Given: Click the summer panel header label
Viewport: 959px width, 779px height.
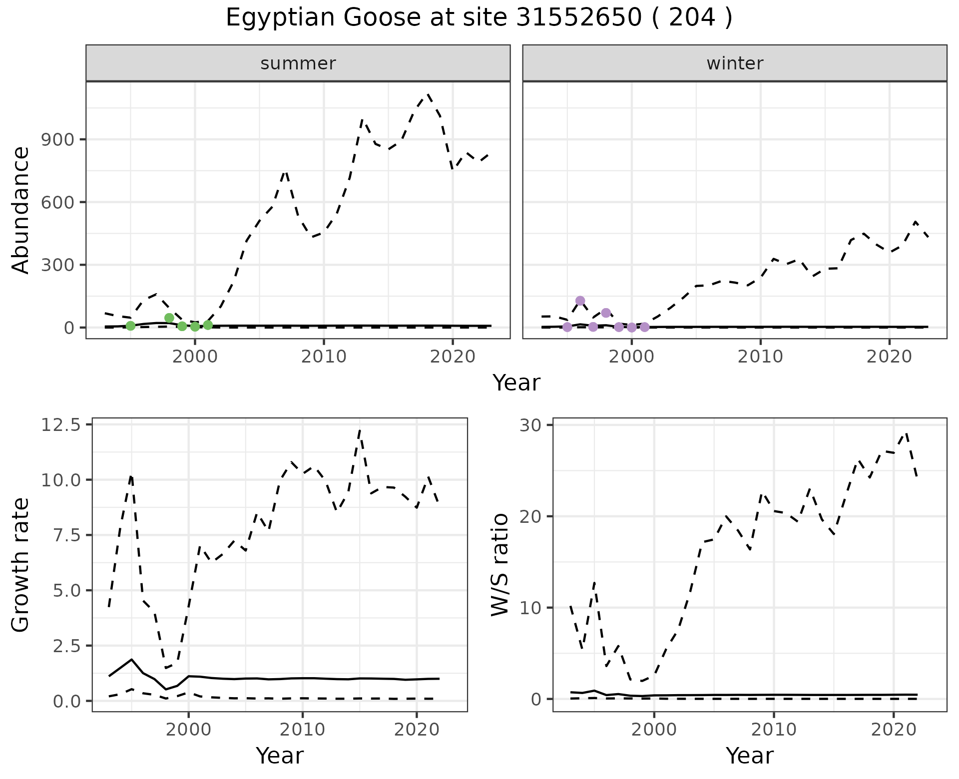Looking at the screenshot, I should (x=298, y=63).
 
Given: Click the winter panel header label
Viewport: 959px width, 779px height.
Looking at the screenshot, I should (x=735, y=63).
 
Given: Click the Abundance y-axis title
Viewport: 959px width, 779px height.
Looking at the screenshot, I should (x=21, y=210).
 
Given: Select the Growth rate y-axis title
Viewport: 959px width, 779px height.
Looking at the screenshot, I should (x=21, y=565).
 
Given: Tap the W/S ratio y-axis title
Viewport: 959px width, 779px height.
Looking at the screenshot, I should (x=500, y=565).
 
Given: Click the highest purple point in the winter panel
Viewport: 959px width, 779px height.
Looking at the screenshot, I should (x=580, y=301).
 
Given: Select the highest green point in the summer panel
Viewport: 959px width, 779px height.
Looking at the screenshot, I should (x=169, y=318).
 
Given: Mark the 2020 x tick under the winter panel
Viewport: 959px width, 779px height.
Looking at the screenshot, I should (x=889, y=357).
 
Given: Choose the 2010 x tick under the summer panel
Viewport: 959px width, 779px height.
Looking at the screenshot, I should (x=324, y=357).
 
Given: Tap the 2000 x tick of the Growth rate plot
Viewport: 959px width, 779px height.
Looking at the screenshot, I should (x=188, y=730).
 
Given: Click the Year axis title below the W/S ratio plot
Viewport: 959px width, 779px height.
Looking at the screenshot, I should (x=750, y=756).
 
